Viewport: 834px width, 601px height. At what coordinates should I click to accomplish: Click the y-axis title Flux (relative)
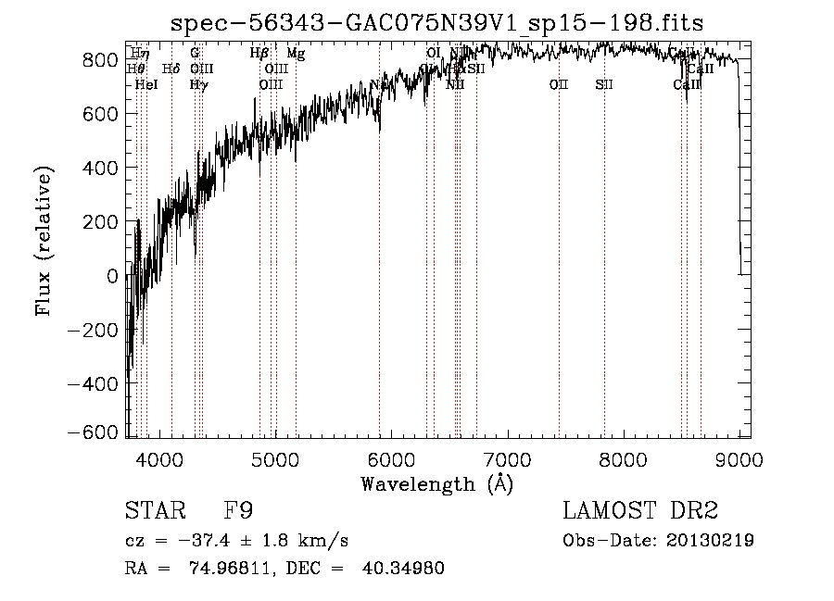pyautogui.click(x=44, y=242)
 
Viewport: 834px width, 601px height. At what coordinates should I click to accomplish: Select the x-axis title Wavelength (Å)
pyautogui.click(x=436, y=483)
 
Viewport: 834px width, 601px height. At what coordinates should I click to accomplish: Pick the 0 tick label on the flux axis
pyautogui.click(x=113, y=276)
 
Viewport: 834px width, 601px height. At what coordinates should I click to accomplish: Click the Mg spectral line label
pyautogui.click(x=296, y=54)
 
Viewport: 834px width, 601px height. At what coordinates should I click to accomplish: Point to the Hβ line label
pyautogui.click(x=259, y=54)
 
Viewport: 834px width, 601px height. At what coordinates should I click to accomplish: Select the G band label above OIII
pyautogui.click(x=195, y=54)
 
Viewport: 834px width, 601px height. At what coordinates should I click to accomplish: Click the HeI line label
pyautogui.click(x=146, y=84)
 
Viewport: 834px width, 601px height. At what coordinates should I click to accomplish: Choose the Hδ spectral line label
pyautogui.click(x=171, y=69)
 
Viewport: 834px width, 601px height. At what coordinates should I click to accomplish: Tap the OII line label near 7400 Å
pyautogui.click(x=558, y=84)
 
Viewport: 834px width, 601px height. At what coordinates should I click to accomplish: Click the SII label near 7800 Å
pyautogui.click(x=604, y=84)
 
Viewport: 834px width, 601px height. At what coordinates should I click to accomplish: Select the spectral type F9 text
pyautogui.click(x=238, y=510)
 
